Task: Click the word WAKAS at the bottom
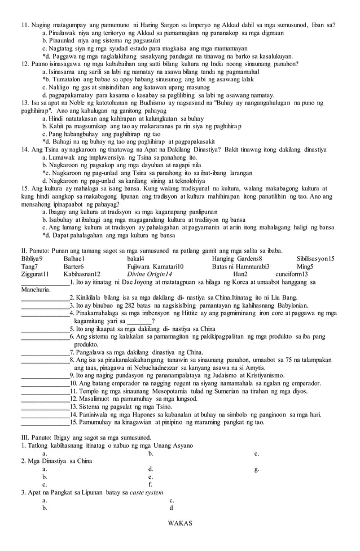[180, 523]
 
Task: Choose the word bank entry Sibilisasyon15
[315, 259]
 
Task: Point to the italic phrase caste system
[146, 492]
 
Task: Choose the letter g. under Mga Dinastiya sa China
[257, 469]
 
